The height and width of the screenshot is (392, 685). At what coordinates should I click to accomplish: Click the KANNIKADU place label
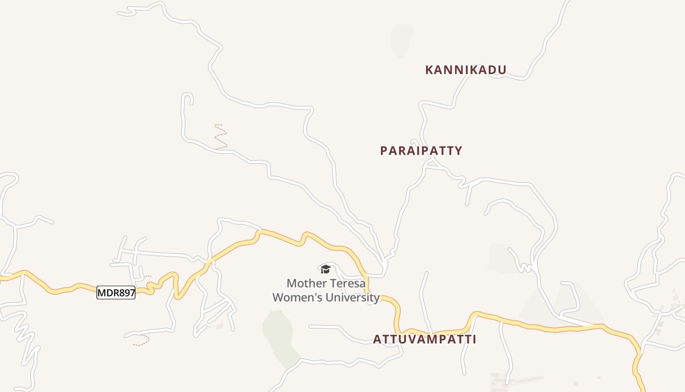coord(465,70)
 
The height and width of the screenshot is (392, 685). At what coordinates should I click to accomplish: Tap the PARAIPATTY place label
coord(421,151)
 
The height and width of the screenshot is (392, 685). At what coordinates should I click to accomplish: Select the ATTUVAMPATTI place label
coord(424,339)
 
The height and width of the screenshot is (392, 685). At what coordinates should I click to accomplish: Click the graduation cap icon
coord(325,269)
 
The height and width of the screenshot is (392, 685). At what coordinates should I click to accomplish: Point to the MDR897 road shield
coord(116,293)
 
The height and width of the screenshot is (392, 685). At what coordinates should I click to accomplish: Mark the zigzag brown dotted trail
coord(221,137)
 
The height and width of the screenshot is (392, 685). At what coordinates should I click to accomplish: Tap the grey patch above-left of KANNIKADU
coord(401,40)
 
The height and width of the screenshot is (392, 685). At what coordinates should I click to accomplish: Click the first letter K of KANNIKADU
coord(430,70)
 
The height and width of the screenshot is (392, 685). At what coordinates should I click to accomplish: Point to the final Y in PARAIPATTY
coord(458,151)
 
